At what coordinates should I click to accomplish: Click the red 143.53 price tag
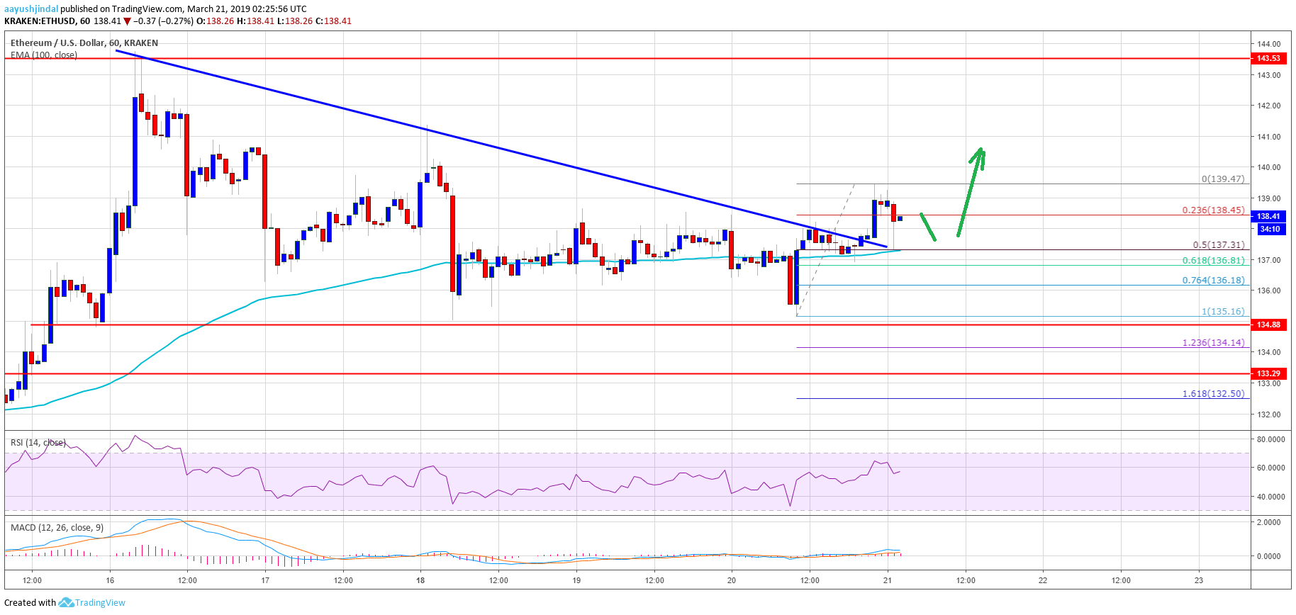[1268, 58]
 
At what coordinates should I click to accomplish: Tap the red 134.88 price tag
[1268, 325]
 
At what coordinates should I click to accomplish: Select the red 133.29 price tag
[1268, 373]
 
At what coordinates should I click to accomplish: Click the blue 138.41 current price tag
[1268, 216]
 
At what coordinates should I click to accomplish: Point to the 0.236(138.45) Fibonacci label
[1213, 210]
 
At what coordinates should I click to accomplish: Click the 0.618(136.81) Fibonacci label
[1213, 260]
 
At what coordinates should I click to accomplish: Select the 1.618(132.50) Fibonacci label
[1213, 393]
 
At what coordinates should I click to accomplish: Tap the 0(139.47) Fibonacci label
[1222, 179]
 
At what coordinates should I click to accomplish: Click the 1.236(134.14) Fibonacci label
[1213, 342]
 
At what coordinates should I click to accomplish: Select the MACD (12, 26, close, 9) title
[57, 528]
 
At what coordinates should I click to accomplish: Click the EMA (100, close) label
[44, 55]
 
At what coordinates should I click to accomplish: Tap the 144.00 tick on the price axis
[1268, 44]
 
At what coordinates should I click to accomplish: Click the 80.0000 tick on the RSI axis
[1270, 439]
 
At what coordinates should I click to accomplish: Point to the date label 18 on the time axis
[420, 580]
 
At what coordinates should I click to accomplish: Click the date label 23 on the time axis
[1198, 580]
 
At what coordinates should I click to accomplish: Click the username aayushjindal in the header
[30, 9]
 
